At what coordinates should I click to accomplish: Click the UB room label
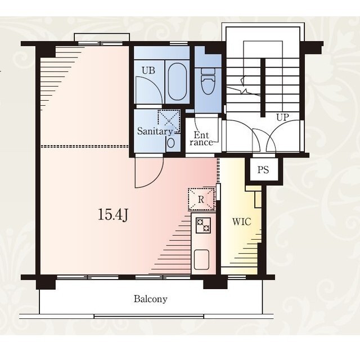148,70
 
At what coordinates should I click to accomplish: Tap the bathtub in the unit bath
177,82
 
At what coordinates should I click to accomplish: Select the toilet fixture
208,81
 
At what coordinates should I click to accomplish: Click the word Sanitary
155,131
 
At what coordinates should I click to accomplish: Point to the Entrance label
201,139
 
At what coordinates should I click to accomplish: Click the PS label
263,170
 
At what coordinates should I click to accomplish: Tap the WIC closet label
241,222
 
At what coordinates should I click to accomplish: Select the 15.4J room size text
112,215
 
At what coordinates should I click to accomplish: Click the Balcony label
151,299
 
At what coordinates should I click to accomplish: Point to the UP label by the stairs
282,118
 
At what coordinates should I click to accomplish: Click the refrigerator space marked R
201,199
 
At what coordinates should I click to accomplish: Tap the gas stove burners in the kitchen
203,226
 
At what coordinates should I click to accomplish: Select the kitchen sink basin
201,260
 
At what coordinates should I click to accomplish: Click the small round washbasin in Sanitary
171,143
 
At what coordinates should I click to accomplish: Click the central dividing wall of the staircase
263,88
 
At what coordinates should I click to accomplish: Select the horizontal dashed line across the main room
84,146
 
